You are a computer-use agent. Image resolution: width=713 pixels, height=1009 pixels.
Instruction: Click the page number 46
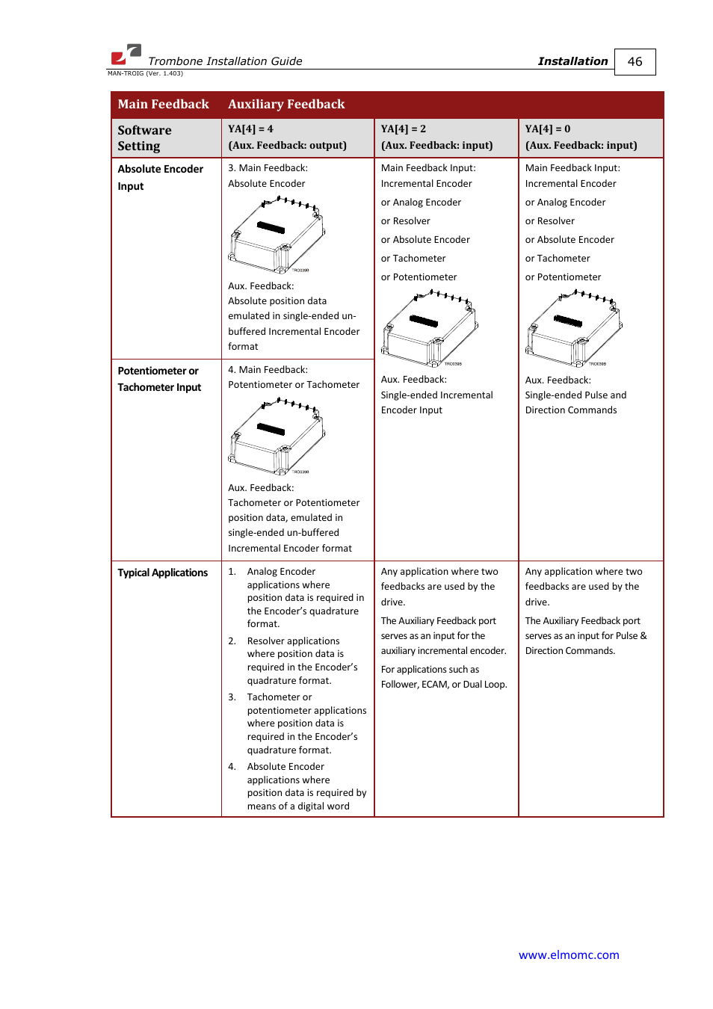[x=635, y=62]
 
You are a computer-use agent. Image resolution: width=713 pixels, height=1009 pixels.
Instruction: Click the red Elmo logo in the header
[x=126, y=55]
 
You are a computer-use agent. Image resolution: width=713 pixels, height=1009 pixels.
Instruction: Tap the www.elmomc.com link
[x=569, y=954]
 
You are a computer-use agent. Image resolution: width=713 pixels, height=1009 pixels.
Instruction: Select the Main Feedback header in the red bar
[x=163, y=105]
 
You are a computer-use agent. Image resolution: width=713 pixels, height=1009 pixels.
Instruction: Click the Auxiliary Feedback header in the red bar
[x=286, y=105]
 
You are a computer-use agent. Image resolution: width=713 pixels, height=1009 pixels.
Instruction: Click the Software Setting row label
[x=144, y=138]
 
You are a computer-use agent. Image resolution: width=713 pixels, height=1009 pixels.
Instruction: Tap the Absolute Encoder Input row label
[x=160, y=178]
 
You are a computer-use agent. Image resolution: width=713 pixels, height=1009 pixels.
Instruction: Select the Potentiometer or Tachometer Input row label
[x=158, y=379]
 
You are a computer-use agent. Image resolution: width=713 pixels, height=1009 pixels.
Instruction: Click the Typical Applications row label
[x=162, y=573]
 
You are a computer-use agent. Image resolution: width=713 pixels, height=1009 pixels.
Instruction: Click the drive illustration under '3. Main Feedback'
[x=277, y=235]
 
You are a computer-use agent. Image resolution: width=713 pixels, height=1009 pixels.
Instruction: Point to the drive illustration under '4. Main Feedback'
[x=277, y=436]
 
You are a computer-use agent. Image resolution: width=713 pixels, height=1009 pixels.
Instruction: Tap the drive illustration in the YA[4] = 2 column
[x=429, y=328]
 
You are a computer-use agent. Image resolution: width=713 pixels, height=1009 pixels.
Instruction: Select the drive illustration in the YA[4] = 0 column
[x=573, y=328]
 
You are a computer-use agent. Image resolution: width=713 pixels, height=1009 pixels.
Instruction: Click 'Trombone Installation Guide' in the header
[x=225, y=61]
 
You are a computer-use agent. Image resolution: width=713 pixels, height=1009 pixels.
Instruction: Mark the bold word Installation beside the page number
[x=572, y=61]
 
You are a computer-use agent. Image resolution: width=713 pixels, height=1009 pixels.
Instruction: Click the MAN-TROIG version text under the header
[x=145, y=73]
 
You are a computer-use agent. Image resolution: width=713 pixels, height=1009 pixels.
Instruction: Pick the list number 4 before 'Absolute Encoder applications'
[x=232, y=767]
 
